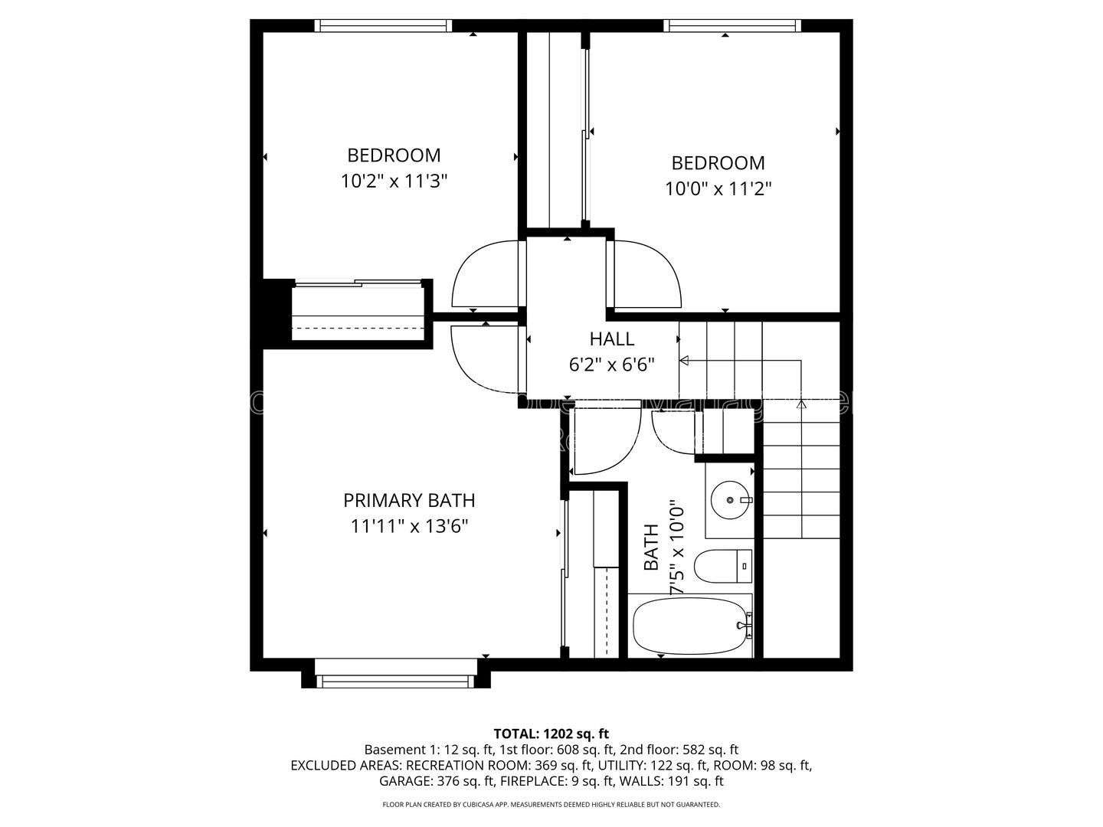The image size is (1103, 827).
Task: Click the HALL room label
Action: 611,339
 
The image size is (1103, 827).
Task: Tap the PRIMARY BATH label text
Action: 409,501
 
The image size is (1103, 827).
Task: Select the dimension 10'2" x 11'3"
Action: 394,181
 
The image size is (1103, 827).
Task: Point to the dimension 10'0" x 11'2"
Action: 718,189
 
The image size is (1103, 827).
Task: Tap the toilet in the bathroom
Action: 723,566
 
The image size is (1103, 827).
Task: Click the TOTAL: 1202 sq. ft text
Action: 551,734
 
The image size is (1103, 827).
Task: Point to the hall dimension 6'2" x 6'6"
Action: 611,365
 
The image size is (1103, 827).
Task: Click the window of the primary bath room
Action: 395,681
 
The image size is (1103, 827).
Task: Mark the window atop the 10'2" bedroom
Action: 383,25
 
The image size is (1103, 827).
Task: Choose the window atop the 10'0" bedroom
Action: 732,25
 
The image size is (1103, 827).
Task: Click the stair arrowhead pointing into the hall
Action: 684,361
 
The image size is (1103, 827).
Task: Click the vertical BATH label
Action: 651,547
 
